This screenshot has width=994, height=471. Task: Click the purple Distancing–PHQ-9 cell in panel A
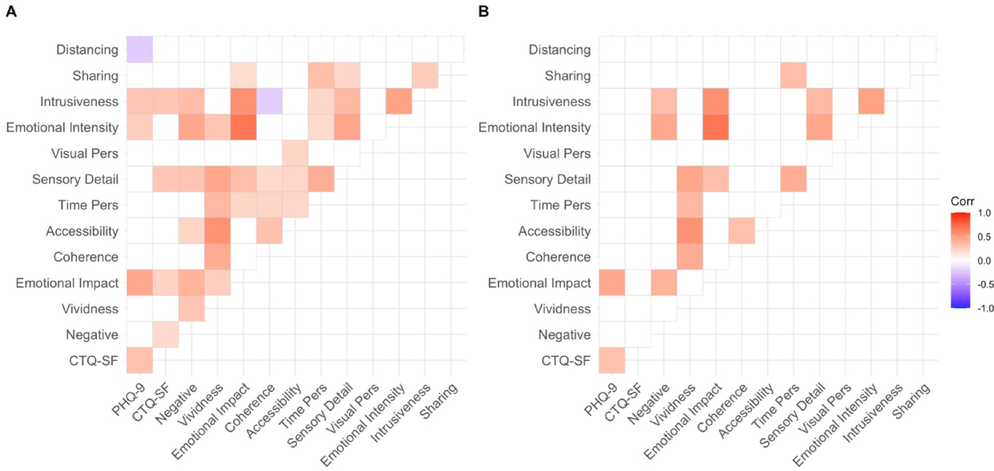tap(139, 49)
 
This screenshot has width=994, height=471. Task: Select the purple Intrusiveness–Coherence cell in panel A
tap(269, 101)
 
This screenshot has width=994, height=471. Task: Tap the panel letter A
tap(11, 11)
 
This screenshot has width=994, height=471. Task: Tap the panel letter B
tap(484, 11)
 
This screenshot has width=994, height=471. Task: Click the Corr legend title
tap(962, 201)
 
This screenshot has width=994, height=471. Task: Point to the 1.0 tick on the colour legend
tap(984, 213)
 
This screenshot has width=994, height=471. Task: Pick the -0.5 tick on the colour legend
tap(985, 284)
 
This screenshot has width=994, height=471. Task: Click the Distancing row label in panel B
tap(559, 49)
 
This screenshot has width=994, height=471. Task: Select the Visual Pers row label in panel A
tap(85, 153)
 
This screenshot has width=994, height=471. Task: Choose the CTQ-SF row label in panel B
tap(565, 361)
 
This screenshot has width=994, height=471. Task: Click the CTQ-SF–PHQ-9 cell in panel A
tap(139, 360)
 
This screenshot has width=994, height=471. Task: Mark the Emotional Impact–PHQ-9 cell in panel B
tap(612, 283)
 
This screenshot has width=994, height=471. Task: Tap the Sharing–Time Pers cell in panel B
tap(793, 75)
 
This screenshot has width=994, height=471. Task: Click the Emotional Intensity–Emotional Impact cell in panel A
tap(243, 127)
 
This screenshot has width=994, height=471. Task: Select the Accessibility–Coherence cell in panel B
tap(741, 231)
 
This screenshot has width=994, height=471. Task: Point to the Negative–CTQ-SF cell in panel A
tap(165, 334)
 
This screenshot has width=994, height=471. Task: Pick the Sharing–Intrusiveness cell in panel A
tap(425, 75)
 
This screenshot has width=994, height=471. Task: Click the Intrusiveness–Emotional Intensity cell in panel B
tap(871, 101)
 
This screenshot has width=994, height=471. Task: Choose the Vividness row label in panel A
tap(90, 309)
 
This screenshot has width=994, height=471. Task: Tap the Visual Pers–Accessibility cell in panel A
tap(295, 153)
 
